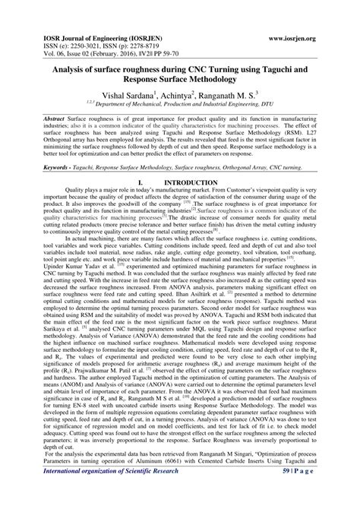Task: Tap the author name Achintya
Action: click(189, 96)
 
